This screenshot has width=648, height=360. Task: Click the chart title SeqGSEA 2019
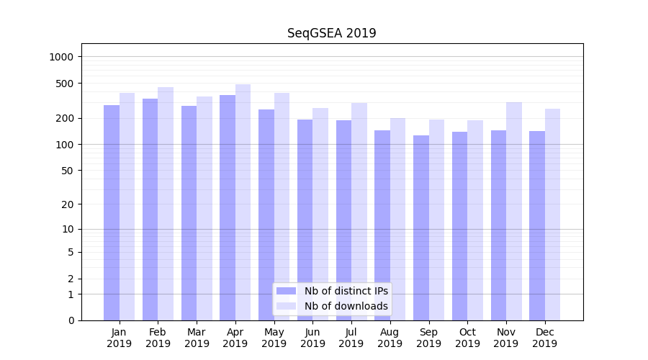331,33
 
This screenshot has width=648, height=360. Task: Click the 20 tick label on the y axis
68,204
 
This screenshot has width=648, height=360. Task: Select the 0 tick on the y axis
71,320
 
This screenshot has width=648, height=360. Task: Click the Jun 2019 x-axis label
312,338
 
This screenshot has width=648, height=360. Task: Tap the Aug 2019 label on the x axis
390,338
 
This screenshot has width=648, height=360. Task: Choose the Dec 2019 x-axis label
545,338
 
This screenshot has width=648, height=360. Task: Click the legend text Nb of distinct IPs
346,291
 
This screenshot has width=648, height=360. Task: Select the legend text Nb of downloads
346,306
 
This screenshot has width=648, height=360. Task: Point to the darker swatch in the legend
287,291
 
